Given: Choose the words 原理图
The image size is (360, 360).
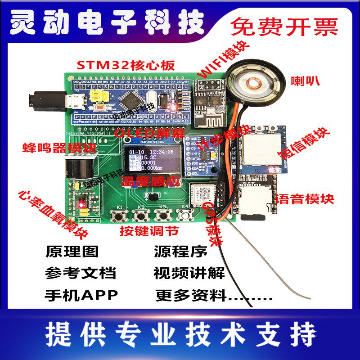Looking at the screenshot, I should click(72, 252).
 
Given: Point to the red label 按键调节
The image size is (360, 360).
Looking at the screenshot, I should click(149, 231).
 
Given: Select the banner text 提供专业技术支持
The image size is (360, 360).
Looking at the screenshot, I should click(180, 334).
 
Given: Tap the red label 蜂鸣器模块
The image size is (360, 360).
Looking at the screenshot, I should click(59, 147).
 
